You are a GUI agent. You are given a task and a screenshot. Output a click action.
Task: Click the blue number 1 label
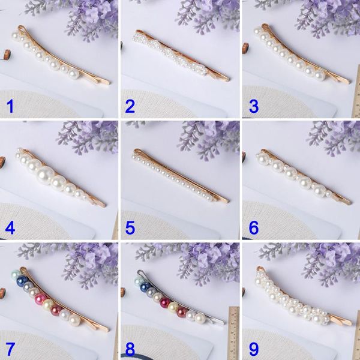(x=9, y=107)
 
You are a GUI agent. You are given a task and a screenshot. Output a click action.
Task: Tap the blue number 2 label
(x=130, y=107)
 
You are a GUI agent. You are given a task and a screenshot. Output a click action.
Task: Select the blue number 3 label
(x=254, y=107)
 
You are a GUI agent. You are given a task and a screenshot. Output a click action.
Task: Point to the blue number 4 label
(x=9, y=227)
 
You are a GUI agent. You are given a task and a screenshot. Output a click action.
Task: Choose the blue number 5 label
(x=130, y=227)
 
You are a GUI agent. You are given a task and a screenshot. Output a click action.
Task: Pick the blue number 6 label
(x=254, y=227)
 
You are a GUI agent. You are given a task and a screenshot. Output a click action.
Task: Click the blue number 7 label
(x=9, y=348)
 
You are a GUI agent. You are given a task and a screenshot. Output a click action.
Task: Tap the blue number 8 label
(x=130, y=348)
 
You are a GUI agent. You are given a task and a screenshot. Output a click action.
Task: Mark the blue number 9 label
(x=254, y=348)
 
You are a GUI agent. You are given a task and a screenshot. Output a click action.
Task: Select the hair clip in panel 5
(x=180, y=176)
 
